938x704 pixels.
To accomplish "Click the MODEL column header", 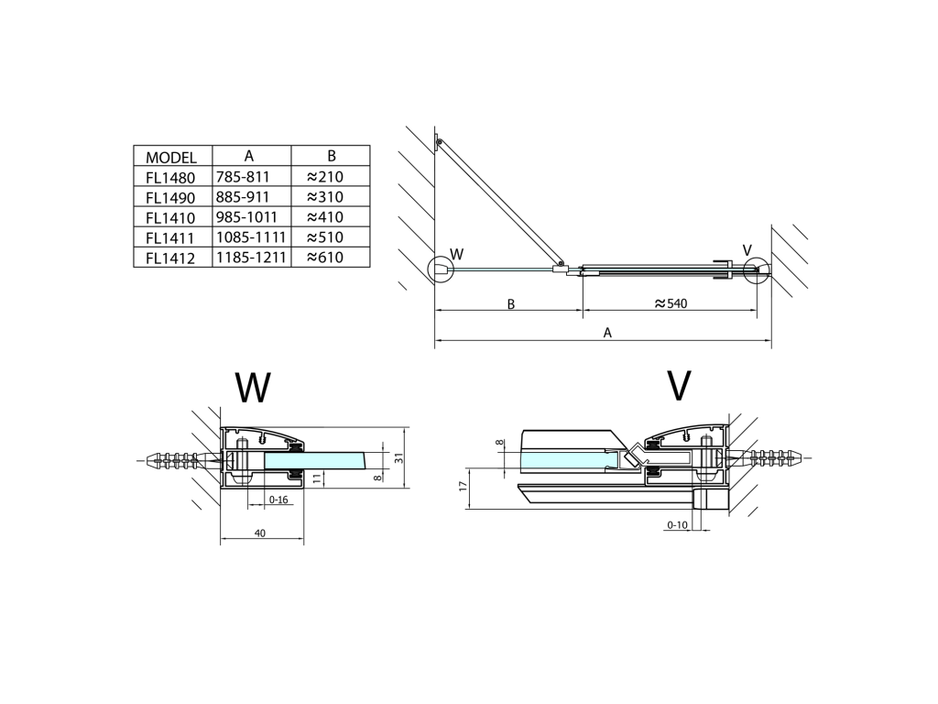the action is click(171, 158).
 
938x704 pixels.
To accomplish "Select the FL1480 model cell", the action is click(170, 178).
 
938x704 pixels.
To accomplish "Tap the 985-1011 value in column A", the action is click(246, 216).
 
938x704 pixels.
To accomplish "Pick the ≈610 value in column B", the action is click(325, 258).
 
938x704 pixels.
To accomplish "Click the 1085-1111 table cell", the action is click(251, 237).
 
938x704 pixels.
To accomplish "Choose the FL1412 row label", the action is click(170, 258).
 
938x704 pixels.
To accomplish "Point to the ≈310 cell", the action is click(325, 197).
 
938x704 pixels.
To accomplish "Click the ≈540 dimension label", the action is click(671, 303).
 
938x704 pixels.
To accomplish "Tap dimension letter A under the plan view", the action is click(608, 333).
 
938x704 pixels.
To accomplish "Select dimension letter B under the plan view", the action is click(511, 304).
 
